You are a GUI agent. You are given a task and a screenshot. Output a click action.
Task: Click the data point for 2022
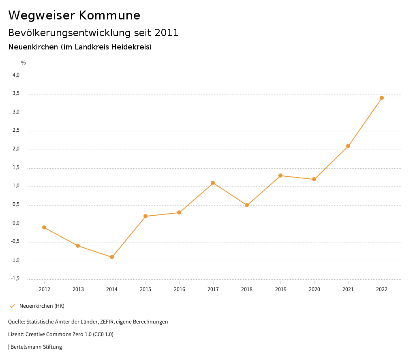pos(382,98)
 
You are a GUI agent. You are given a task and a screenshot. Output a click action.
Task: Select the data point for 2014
pos(112,257)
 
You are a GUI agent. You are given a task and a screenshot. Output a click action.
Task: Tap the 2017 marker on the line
pos(213,183)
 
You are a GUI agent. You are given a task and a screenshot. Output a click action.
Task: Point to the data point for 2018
pos(247,205)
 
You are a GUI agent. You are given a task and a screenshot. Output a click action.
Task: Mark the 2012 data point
pos(44,227)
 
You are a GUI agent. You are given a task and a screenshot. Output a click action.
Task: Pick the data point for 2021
pos(348,146)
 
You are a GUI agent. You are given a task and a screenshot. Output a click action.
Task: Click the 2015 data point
pos(145,216)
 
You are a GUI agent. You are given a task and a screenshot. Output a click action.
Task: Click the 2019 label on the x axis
pos(280,289)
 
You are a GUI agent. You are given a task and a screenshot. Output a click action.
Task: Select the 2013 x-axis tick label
pos(78,289)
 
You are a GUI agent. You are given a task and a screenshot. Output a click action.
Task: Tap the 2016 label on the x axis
pos(179,289)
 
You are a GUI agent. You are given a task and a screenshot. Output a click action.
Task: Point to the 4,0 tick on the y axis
pos(16,75)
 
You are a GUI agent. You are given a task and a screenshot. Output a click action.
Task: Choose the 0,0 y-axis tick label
pos(16,223)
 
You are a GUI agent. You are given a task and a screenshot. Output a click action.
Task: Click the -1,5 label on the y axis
pos(15,279)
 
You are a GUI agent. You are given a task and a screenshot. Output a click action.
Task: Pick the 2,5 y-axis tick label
pos(16,131)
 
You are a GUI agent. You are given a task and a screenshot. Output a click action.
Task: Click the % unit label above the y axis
pos(24,62)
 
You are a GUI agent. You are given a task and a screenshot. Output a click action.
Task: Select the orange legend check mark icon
pos(12,306)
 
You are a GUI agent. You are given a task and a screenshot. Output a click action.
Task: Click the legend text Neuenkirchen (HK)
pos(42,306)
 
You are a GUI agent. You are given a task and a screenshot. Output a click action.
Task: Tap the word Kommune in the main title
pos(109,15)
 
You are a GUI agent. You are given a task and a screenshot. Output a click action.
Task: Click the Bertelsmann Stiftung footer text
pos(36,347)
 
